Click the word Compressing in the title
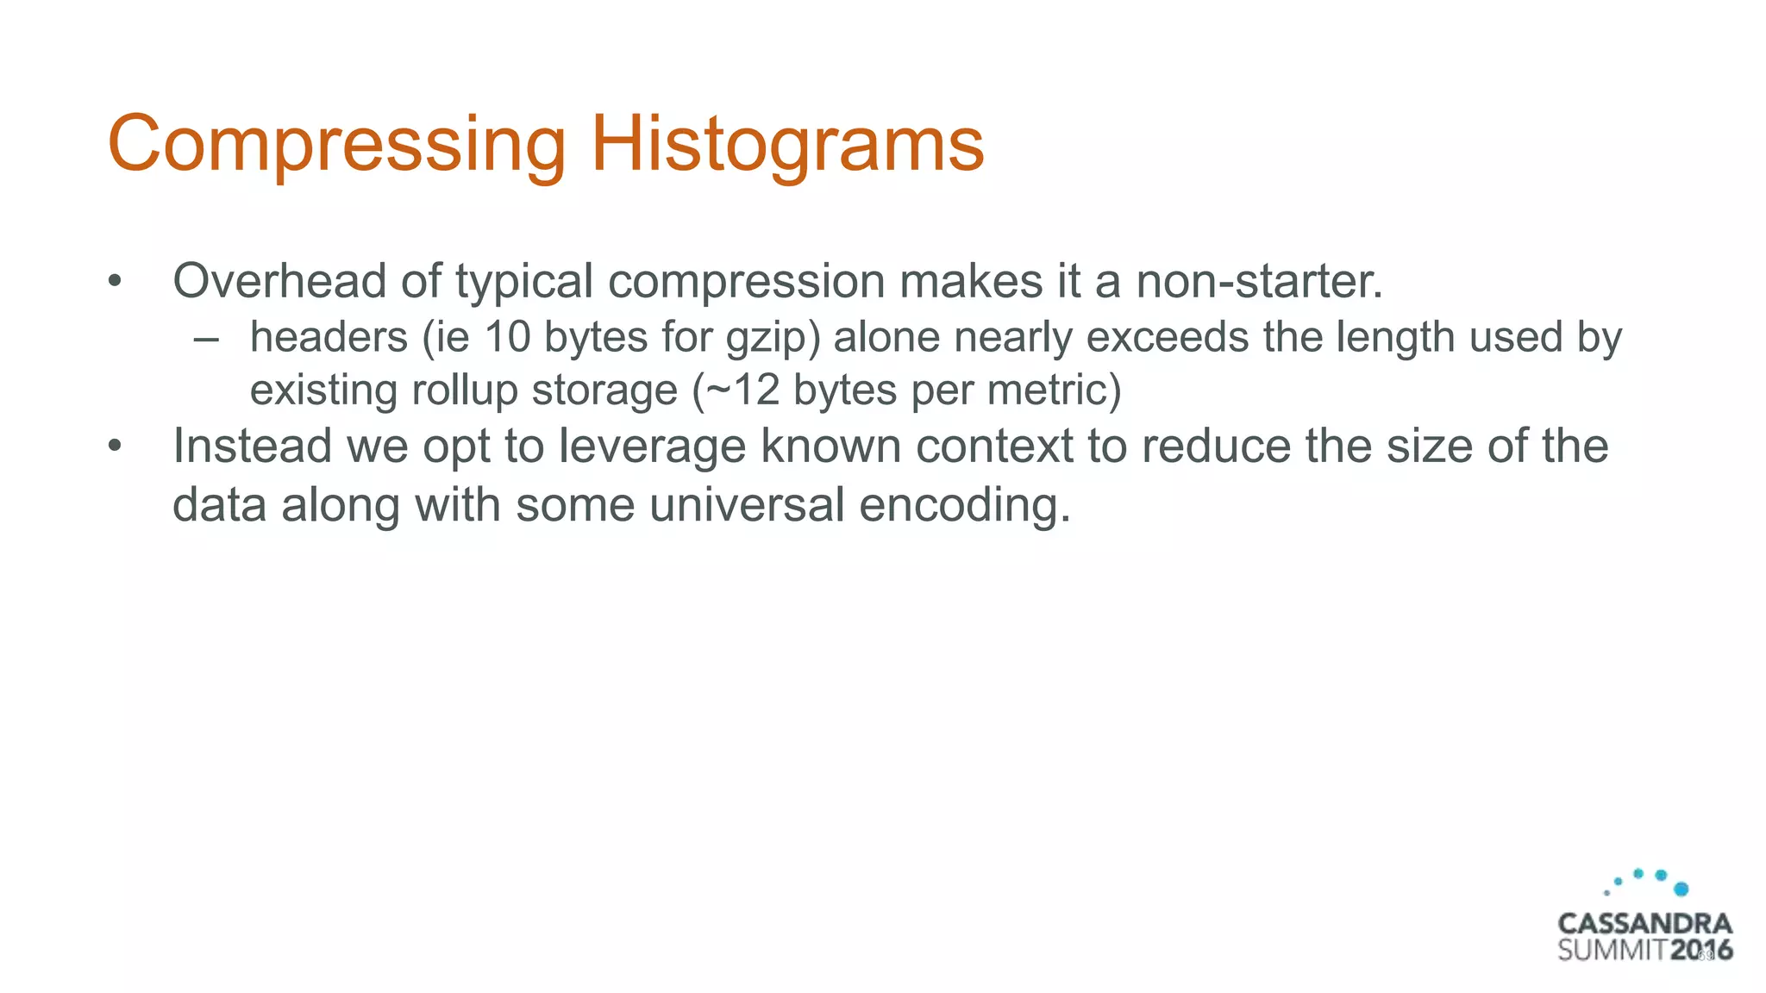[336, 144]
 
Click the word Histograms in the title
[786, 144]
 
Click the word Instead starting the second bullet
[252, 447]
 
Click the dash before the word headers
[205, 339]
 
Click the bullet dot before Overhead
[115, 282]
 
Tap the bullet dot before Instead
[115, 447]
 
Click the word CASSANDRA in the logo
[1644, 924]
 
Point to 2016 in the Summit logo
[1701, 951]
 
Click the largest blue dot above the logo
[1681, 889]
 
